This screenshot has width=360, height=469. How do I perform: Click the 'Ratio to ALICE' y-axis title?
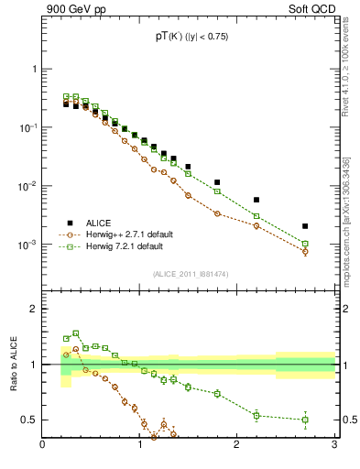click(14, 365)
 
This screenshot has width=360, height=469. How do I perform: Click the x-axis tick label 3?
click(333, 446)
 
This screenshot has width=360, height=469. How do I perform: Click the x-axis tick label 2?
click(236, 446)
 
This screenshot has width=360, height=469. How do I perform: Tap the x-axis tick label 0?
click(43, 446)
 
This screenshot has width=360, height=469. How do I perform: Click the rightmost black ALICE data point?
click(305, 226)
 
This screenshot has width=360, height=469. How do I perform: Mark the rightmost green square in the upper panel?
click(305, 244)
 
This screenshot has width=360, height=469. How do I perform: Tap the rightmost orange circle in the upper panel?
click(305, 252)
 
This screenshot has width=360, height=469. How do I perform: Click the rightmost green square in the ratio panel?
click(305, 420)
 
